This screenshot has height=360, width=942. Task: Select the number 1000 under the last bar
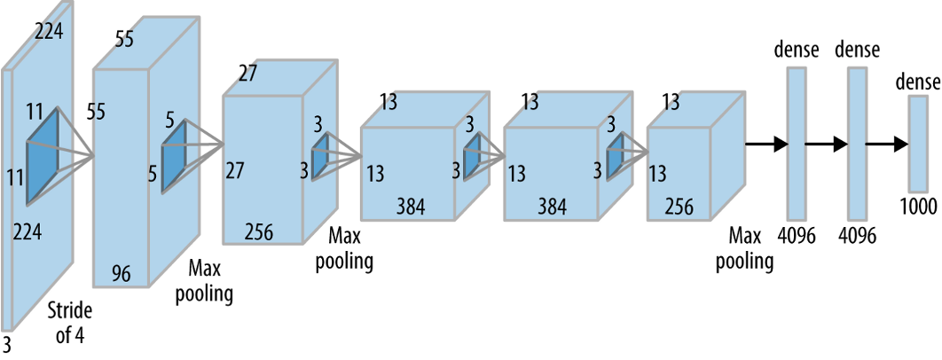(x=918, y=207)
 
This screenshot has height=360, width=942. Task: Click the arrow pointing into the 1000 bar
(x=887, y=144)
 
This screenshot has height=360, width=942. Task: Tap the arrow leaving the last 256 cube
(x=766, y=144)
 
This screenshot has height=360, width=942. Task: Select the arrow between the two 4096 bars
(x=826, y=144)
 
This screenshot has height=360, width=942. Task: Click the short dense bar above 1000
(x=918, y=143)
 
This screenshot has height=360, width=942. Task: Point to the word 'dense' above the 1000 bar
(x=918, y=81)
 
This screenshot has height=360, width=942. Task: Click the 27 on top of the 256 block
(x=247, y=74)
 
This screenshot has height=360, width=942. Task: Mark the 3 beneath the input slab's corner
(x=6, y=344)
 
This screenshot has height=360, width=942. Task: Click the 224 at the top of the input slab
(x=48, y=31)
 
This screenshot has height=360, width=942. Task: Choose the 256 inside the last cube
(x=679, y=207)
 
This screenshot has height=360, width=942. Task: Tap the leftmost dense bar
(x=797, y=143)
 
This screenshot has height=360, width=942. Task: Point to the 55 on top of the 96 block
(x=124, y=40)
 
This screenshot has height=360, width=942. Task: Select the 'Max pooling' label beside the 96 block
(x=204, y=280)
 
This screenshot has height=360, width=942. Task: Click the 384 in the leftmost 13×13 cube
(x=411, y=207)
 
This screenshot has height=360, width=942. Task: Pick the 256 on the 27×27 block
(x=258, y=231)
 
